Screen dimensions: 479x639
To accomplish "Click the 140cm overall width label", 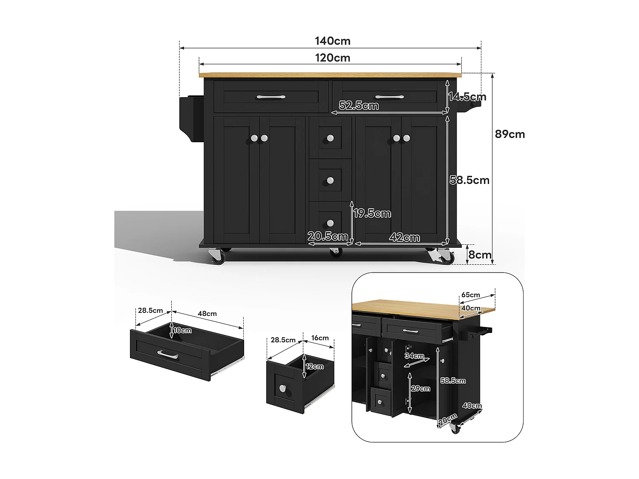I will [333, 41].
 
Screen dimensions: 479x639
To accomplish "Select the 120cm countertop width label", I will [333, 57].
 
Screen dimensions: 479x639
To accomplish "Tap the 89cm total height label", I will [510, 134].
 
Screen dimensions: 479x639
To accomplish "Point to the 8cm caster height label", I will [480, 255].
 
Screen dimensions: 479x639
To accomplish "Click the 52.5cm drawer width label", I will [359, 105].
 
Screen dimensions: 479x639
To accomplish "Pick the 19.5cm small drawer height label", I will [372, 213].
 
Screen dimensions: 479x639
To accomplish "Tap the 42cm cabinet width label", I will [404, 238].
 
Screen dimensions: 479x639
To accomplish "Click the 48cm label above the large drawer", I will [207, 313].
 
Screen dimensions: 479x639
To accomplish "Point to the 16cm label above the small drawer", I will [320, 338].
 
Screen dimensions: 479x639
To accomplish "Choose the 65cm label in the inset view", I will [471, 295].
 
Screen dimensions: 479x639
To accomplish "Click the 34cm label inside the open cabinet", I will [414, 356].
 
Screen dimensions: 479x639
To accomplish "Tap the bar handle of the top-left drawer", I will [271, 97].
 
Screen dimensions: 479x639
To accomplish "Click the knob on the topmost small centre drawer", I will [330, 138].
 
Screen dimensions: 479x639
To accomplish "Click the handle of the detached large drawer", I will [168, 354].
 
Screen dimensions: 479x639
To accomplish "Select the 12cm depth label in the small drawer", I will [315, 366].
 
